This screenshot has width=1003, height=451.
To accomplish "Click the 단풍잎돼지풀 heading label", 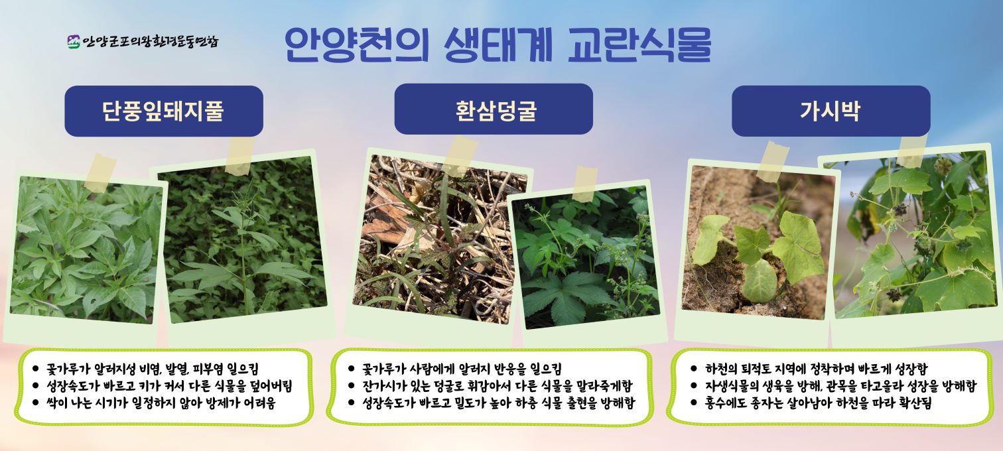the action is pos(163,111).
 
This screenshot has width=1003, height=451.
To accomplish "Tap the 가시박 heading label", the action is pos(831,111).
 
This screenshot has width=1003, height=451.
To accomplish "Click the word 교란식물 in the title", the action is pos(639,45).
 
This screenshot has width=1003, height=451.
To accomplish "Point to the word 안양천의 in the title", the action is pos(357,45).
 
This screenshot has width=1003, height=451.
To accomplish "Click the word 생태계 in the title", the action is pos(498,45).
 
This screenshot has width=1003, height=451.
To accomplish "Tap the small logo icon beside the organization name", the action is pos(74,42).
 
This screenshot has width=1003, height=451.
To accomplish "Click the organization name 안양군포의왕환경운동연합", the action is pos(151,42).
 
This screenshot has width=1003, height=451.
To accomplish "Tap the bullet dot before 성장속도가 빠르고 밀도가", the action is pos(351,403).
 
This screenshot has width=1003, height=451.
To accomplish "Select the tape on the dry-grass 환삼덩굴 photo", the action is pos(460,157).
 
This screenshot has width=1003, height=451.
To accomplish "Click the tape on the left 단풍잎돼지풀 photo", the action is pos(101,173).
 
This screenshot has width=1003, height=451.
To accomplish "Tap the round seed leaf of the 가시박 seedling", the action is pos(760,281).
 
